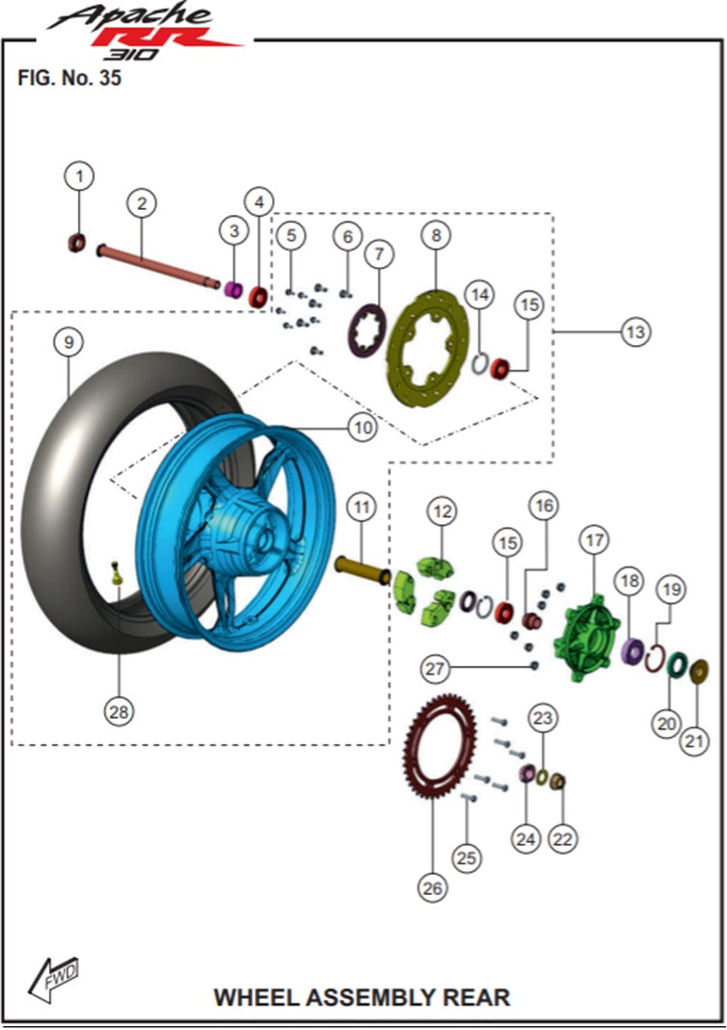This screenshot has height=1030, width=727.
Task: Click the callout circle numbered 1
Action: pyautogui.click(x=80, y=175)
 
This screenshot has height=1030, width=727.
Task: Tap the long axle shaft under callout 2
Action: pyautogui.click(x=159, y=265)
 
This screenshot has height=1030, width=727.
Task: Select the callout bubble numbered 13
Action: pyautogui.click(x=634, y=331)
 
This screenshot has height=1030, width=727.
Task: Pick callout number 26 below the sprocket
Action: pyautogui.click(x=433, y=887)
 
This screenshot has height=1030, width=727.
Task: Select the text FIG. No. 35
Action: pyautogui.click(x=69, y=79)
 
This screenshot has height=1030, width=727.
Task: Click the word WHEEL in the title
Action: pyautogui.click(x=254, y=996)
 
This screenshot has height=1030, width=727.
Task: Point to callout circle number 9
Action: pyautogui.click(x=68, y=343)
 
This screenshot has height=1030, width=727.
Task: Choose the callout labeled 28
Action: pyautogui.click(x=119, y=711)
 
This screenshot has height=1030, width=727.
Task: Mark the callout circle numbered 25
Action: pyautogui.click(x=468, y=857)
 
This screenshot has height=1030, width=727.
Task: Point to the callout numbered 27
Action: pyautogui.click(x=436, y=668)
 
